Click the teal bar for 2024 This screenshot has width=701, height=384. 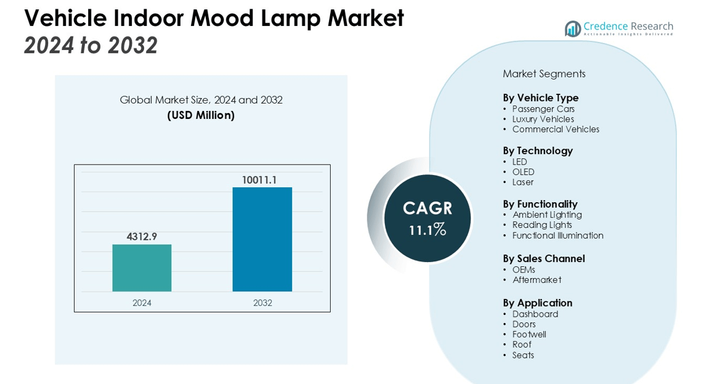(142, 268)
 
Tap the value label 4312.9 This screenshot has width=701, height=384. (142, 236)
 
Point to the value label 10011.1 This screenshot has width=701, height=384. (259, 180)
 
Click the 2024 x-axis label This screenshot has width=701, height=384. (142, 303)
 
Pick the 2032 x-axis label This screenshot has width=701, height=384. (262, 303)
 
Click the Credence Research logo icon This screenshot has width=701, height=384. (573, 28)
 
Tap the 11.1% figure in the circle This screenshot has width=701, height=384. (427, 230)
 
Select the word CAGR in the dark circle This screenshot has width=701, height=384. (427, 208)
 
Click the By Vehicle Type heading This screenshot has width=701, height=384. (540, 97)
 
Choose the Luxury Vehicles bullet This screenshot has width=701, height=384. (543, 119)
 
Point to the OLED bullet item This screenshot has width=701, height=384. (523, 172)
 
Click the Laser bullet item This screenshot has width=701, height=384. (522, 182)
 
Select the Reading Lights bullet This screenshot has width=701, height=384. (542, 225)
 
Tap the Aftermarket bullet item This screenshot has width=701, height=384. (537, 280)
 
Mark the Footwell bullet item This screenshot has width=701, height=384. (529, 334)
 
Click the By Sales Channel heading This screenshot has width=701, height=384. (543, 258)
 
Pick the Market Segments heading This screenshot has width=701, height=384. (544, 74)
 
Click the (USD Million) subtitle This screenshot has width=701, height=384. (201, 115)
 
